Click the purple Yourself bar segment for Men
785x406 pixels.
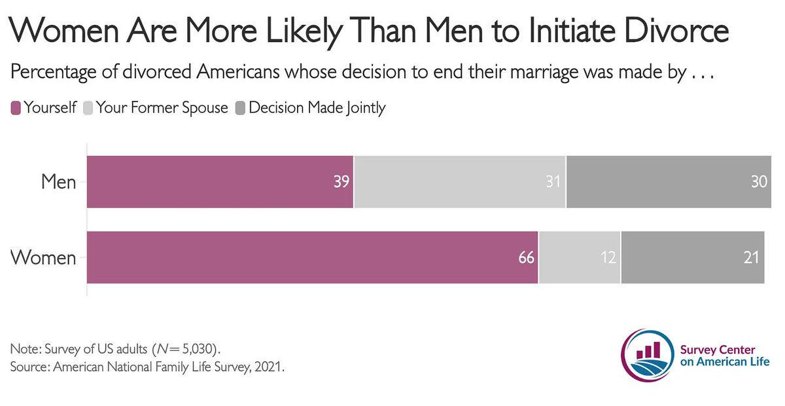tap(220, 182)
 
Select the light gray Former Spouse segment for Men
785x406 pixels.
tap(459, 182)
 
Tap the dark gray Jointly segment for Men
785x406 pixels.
tap(669, 182)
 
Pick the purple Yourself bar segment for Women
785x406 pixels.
tap(312, 257)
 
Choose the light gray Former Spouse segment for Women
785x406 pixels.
tap(579, 257)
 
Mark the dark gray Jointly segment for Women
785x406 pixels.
tap(692, 257)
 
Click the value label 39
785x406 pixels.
tap(341, 182)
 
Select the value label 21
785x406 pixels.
tap(750, 257)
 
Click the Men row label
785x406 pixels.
tap(59, 182)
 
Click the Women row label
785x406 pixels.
tap(44, 257)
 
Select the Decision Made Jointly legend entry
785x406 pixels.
tap(311, 108)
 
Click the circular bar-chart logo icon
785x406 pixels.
tap(648, 354)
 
